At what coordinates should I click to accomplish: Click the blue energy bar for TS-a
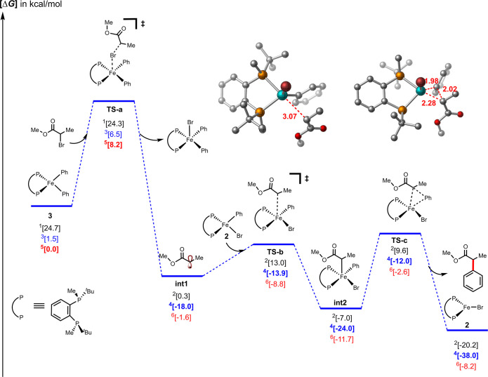click(x=114, y=100)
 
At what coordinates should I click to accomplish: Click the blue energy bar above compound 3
click(x=51, y=206)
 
